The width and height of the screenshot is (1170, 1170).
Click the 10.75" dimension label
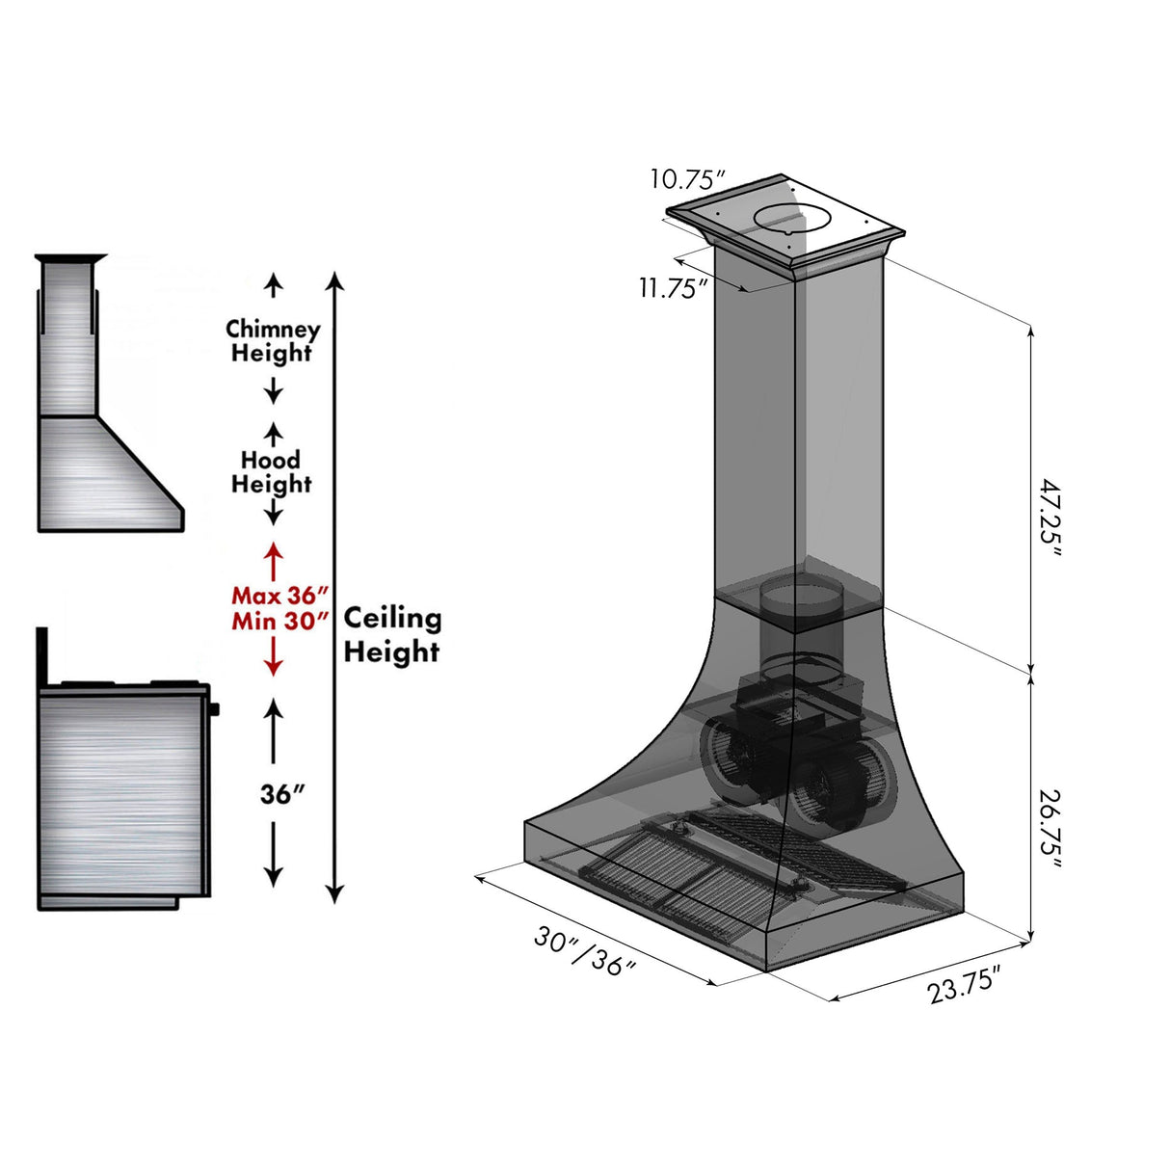[x=686, y=179]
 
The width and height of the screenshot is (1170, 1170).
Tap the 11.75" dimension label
[x=674, y=287]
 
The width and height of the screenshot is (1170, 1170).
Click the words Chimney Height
[x=273, y=341]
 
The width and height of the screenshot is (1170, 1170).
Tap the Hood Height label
[x=272, y=472]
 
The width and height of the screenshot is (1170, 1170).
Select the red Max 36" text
[x=279, y=596]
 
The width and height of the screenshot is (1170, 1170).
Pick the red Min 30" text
[x=279, y=622]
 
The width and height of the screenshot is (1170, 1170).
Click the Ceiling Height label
[x=392, y=634]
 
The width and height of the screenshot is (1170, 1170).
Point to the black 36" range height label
[x=281, y=794]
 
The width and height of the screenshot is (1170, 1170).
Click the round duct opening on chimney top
[x=790, y=220]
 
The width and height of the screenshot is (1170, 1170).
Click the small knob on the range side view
[x=213, y=709]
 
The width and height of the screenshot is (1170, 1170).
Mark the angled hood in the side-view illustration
[x=111, y=472]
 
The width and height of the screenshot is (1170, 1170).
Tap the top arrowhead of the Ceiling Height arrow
[x=334, y=280]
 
